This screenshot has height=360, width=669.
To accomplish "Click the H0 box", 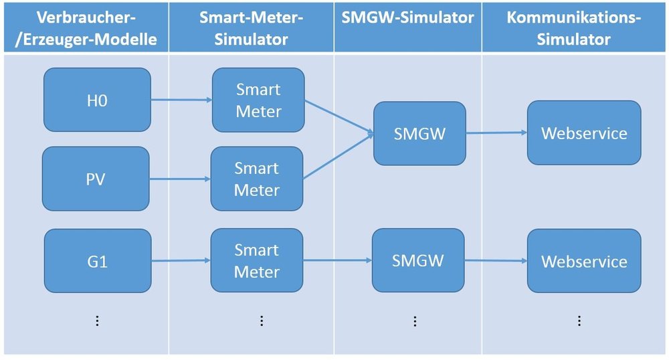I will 97,100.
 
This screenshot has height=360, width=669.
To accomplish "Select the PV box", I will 96,179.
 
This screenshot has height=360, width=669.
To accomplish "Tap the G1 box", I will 97,261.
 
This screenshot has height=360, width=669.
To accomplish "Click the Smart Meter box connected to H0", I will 258,100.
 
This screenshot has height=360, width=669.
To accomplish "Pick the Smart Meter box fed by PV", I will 257,179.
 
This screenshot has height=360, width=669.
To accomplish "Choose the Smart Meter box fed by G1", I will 257,261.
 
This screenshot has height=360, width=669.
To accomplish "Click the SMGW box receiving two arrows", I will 419,133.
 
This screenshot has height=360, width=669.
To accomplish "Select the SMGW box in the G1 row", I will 418,260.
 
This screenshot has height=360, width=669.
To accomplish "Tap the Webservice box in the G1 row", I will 584,261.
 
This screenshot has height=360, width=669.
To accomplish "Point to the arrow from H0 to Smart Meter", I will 181,101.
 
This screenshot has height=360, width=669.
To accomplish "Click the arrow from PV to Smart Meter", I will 179,179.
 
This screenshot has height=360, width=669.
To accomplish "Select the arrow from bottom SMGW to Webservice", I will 496,260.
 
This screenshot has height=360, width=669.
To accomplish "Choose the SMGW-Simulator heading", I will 408,19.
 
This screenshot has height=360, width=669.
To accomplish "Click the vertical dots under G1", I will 97,321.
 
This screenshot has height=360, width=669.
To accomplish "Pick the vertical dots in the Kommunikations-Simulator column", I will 579,321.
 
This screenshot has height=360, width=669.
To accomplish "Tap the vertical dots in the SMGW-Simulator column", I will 415,321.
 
